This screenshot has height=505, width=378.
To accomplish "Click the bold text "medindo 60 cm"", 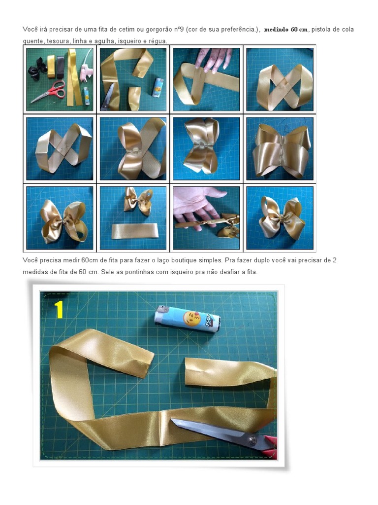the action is pyautogui.click(x=286, y=30).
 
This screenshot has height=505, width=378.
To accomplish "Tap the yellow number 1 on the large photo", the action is pyautogui.click(x=59, y=310).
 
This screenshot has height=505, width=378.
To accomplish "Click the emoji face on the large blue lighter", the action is pyautogui.click(x=192, y=318).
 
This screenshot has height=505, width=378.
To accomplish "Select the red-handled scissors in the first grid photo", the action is pyautogui.click(x=49, y=92).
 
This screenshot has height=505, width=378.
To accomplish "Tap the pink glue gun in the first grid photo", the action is pyautogui.click(x=86, y=71).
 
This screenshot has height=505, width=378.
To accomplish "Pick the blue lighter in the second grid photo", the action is pyautogui.click(x=157, y=87).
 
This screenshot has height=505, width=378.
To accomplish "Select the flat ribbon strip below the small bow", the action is pyautogui.click(x=135, y=231).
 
